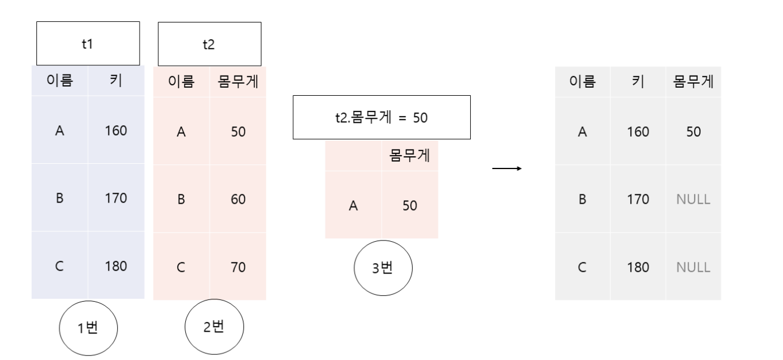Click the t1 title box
[88, 44]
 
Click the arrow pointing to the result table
[507, 169]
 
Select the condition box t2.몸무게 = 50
[381, 118]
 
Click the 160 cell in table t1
[116, 131]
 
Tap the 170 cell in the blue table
[116, 198]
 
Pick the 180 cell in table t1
[116, 266]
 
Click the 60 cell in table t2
[237, 199]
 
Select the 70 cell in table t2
[237, 267]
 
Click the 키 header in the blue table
[116, 81]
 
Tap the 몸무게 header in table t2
[237, 81]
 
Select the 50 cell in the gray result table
[694, 132]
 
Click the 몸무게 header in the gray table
[694, 81]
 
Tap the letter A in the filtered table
[353, 205]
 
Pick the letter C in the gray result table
[582, 267]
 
